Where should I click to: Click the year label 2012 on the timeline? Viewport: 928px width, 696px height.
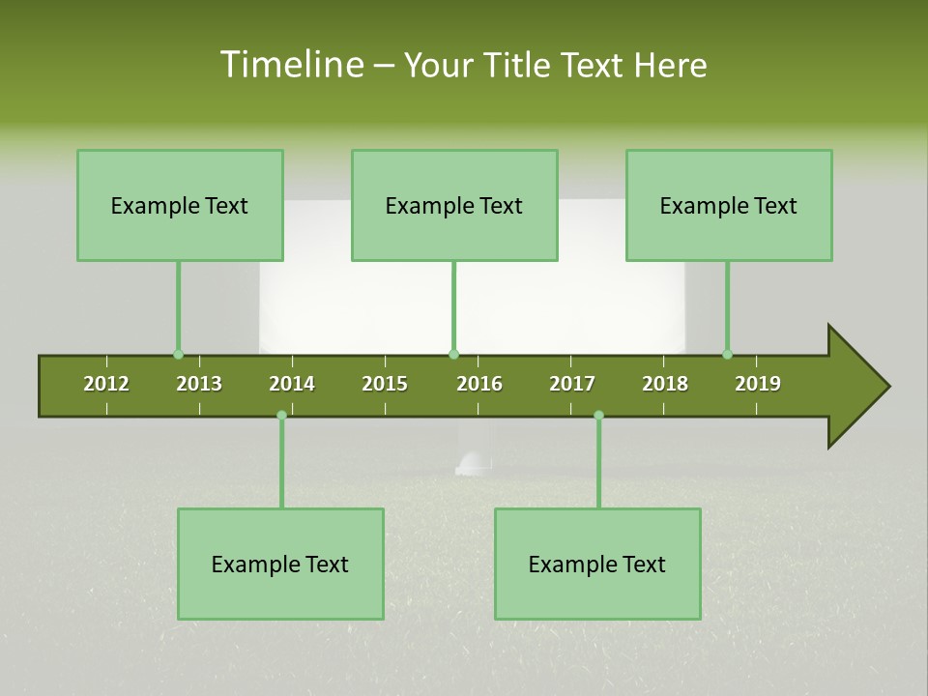pyautogui.click(x=106, y=384)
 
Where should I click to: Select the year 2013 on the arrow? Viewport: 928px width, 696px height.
pyautogui.click(x=199, y=384)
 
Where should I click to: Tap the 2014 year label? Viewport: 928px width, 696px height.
pyautogui.click(x=292, y=384)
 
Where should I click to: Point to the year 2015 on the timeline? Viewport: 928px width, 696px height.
pyautogui.click(x=385, y=384)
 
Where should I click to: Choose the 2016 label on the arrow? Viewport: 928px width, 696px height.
pyautogui.click(x=479, y=384)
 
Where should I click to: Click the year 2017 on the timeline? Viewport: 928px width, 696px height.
pyautogui.click(x=572, y=384)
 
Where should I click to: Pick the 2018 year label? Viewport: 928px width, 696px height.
pyautogui.click(x=665, y=384)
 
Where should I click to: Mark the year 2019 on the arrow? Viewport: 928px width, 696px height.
pyautogui.click(x=758, y=384)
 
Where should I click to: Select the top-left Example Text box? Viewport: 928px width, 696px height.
pyautogui.click(x=180, y=205)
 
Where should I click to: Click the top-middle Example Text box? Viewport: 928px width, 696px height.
pyautogui.click(x=454, y=205)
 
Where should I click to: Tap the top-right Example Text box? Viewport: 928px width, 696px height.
pyautogui.click(x=729, y=205)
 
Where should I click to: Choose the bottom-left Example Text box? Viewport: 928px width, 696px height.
pyautogui.click(x=280, y=564)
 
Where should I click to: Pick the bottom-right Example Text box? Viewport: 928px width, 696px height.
pyautogui.click(x=597, y=564)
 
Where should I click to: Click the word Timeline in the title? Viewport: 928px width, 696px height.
pyautogui.click(x=290, y=65)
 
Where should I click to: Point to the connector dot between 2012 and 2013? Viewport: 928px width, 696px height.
pyautogui.click(x=178, y=355)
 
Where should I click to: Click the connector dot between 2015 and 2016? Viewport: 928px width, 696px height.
pyautogui.click(x=454, y=355)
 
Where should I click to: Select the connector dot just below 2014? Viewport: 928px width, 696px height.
pyautogui.click(x=281, y=415)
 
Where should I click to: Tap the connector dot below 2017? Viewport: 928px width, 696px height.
pyautogui.click(x=598, y=415)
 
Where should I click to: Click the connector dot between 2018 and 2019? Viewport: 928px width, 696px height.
pyautogui.click(x=727, y=355)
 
